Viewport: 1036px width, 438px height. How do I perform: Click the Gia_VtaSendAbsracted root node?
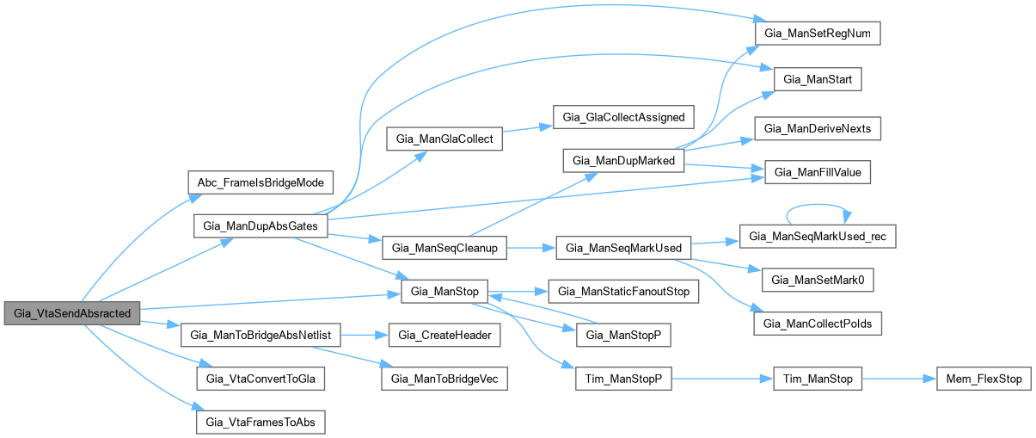[x=72, y=314]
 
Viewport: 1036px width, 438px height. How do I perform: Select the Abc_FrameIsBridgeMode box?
[x=260, y=184]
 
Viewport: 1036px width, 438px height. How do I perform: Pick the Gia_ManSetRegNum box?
[x=818, y=33]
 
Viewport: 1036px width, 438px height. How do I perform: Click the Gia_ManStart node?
[x=818, y=79]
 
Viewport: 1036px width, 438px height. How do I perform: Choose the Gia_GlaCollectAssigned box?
[x=623, y=117]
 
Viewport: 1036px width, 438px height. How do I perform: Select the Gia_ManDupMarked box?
[x=623, y=161]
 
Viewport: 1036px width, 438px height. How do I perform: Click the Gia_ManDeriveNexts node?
[x=818, y=128]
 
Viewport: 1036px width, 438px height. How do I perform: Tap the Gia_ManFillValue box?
[x=818, y=172]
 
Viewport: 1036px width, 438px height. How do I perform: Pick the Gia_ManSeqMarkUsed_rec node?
[x=818, y=236]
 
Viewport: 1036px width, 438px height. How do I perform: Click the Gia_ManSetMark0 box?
[x=818, y=279]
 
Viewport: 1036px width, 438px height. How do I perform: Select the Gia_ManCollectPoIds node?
[x=818, y=324]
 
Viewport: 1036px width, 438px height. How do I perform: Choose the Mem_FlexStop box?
[x=983, y=379]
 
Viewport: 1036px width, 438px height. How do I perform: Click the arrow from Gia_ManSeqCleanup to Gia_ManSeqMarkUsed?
[x=531, y=248]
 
